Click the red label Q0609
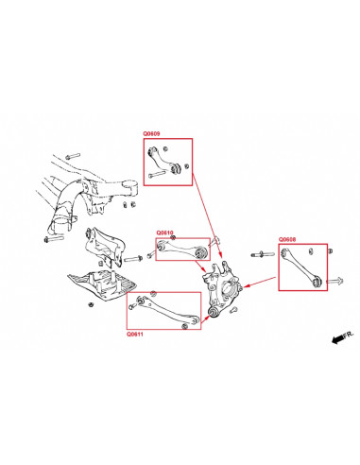click(x=151, y=134)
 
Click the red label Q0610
click(x=165, y=232)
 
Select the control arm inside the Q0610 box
click(x=181, y=249)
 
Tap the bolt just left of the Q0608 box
click(x=258, y=254)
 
